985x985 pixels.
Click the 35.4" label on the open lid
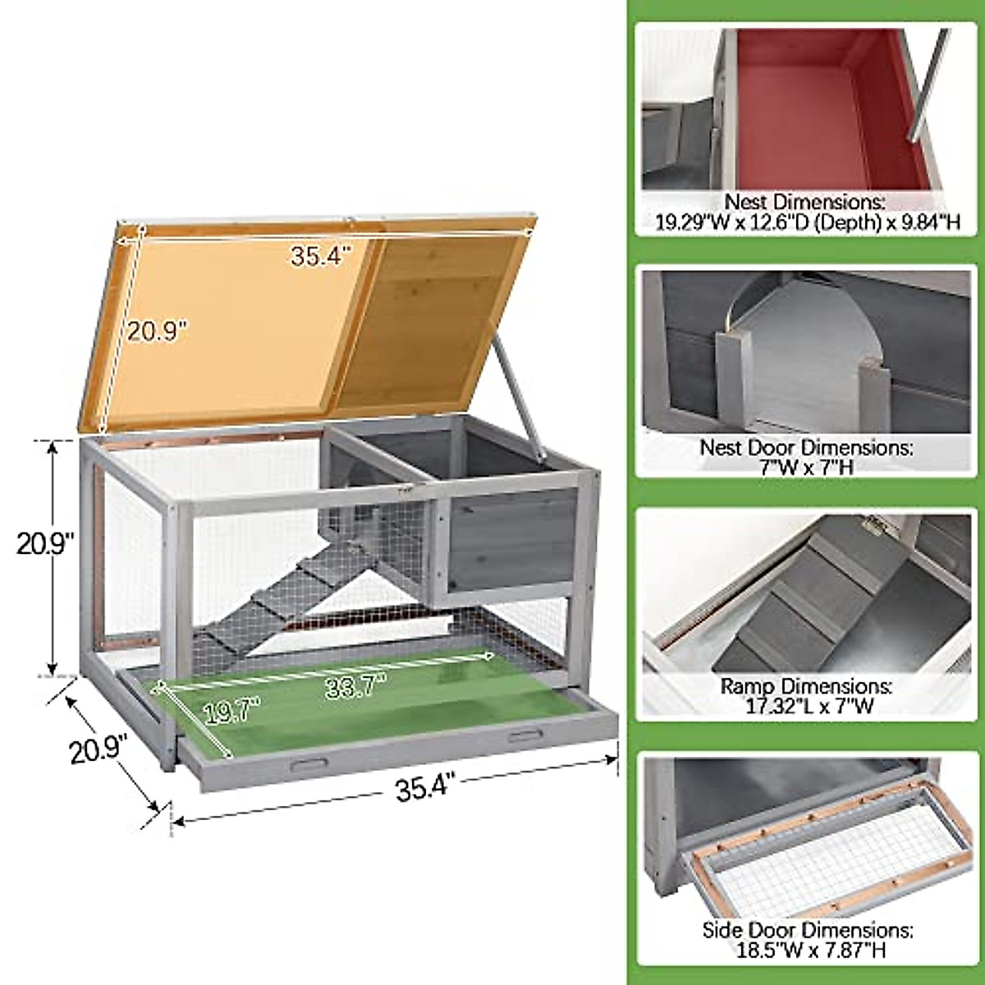[320, 255]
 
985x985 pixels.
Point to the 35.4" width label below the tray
[424, 789]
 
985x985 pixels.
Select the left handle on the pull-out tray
[309, 764]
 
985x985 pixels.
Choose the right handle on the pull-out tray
[525, 735]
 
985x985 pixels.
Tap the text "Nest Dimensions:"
[803, 202]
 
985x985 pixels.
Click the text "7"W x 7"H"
[805, 467]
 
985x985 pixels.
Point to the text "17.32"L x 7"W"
[805, 705]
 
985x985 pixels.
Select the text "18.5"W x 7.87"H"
[807, 951]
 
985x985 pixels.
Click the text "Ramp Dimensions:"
[805, 685]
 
